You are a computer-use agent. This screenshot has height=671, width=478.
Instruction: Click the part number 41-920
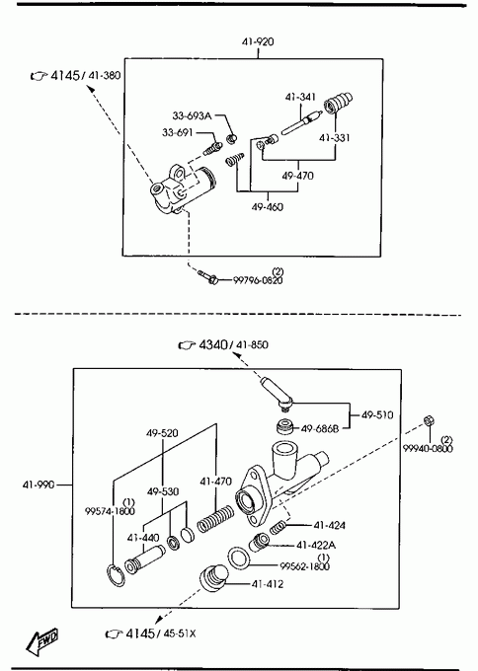tap(258, 41)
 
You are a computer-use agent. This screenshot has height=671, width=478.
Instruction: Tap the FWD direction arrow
tap(41, 641)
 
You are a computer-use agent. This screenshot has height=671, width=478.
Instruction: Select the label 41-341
tap(300, 97)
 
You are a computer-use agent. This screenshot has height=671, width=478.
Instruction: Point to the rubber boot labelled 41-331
tap(338, 104)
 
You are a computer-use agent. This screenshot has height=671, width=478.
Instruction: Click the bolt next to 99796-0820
tap(208, 276)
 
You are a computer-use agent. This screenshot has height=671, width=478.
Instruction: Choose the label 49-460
tap(268, 207)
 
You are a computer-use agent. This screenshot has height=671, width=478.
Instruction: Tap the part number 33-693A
tap(192, 115)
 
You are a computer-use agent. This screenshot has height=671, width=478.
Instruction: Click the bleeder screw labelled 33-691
tap(213, 149)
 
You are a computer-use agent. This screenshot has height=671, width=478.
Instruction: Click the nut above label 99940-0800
tap(428, 420)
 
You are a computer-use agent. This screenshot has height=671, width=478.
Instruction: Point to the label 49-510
tap(377, 415)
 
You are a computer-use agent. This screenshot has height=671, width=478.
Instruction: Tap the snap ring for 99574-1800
tap(116, 575)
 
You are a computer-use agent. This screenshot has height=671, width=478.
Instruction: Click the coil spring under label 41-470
tap(215, 518)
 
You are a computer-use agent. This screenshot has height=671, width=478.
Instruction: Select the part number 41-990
tap(39, 485)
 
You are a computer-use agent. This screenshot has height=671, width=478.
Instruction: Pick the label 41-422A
tap(316, 545)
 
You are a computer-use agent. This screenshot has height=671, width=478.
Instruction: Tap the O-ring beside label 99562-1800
tap(238, 559)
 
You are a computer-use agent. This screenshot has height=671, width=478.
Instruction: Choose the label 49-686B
tap(320, 429)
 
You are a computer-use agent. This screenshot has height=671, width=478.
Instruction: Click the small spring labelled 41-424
tap(278, 527)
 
